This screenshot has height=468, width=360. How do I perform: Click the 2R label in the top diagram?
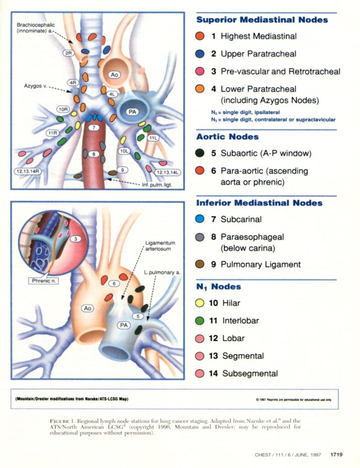tap(69, 53)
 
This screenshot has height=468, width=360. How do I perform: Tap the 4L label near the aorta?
tap(112, 94)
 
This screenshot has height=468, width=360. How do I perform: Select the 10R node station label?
tap(63, 109)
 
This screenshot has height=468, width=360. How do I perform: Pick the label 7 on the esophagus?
tap(93, 128)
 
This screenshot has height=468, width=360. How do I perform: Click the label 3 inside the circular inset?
tap(76, 239)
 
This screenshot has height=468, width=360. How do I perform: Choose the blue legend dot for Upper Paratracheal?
tap(199, 53)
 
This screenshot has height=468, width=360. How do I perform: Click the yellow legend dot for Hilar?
tap(199, 303)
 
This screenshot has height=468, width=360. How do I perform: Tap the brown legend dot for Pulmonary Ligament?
tap(199, 264)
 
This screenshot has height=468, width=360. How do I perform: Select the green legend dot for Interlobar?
tap(199, 321)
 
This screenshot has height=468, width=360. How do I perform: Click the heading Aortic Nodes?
tap(227, 137)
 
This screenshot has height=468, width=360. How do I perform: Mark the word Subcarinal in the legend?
tap(241, 219)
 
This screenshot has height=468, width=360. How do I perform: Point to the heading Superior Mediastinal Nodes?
tap(262, 20)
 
